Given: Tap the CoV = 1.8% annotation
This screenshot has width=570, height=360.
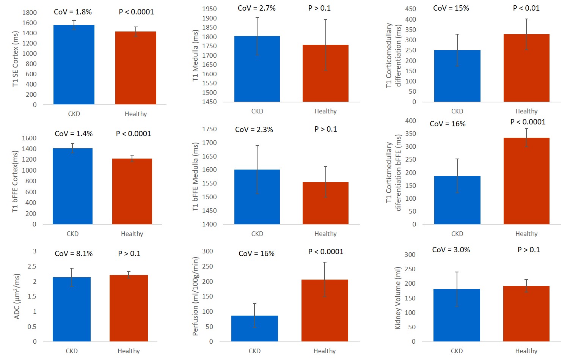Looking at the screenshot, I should tap(73, 12).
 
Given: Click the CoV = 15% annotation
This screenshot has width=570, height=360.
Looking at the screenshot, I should tap(451, 8).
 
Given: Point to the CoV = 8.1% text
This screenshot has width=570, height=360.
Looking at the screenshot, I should tap(74, 253).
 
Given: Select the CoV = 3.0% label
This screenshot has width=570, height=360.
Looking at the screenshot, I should tap(451, 250).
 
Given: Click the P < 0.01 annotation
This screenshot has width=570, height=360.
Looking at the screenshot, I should tap(526, 8).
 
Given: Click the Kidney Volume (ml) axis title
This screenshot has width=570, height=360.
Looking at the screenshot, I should tap(398, 297).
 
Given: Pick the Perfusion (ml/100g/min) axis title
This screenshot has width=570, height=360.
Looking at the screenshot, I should tap(196, 296).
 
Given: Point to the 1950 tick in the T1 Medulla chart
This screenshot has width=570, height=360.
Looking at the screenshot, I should tap(209, 9).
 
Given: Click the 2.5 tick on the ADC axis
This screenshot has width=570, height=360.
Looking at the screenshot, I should tap(32, 266).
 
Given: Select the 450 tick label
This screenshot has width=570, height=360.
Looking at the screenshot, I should tap(410, 9).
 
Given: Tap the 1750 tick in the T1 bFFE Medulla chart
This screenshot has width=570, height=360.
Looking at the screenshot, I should tap(209, 129).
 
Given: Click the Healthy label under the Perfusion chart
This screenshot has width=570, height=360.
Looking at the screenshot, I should tap(325, 351).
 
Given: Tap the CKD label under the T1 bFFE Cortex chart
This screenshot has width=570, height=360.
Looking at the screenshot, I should tap(72, 234).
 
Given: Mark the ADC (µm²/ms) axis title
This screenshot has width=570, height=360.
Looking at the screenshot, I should tap(17, 297).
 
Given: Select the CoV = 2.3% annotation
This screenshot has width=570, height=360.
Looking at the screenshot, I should tap(254, 129).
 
